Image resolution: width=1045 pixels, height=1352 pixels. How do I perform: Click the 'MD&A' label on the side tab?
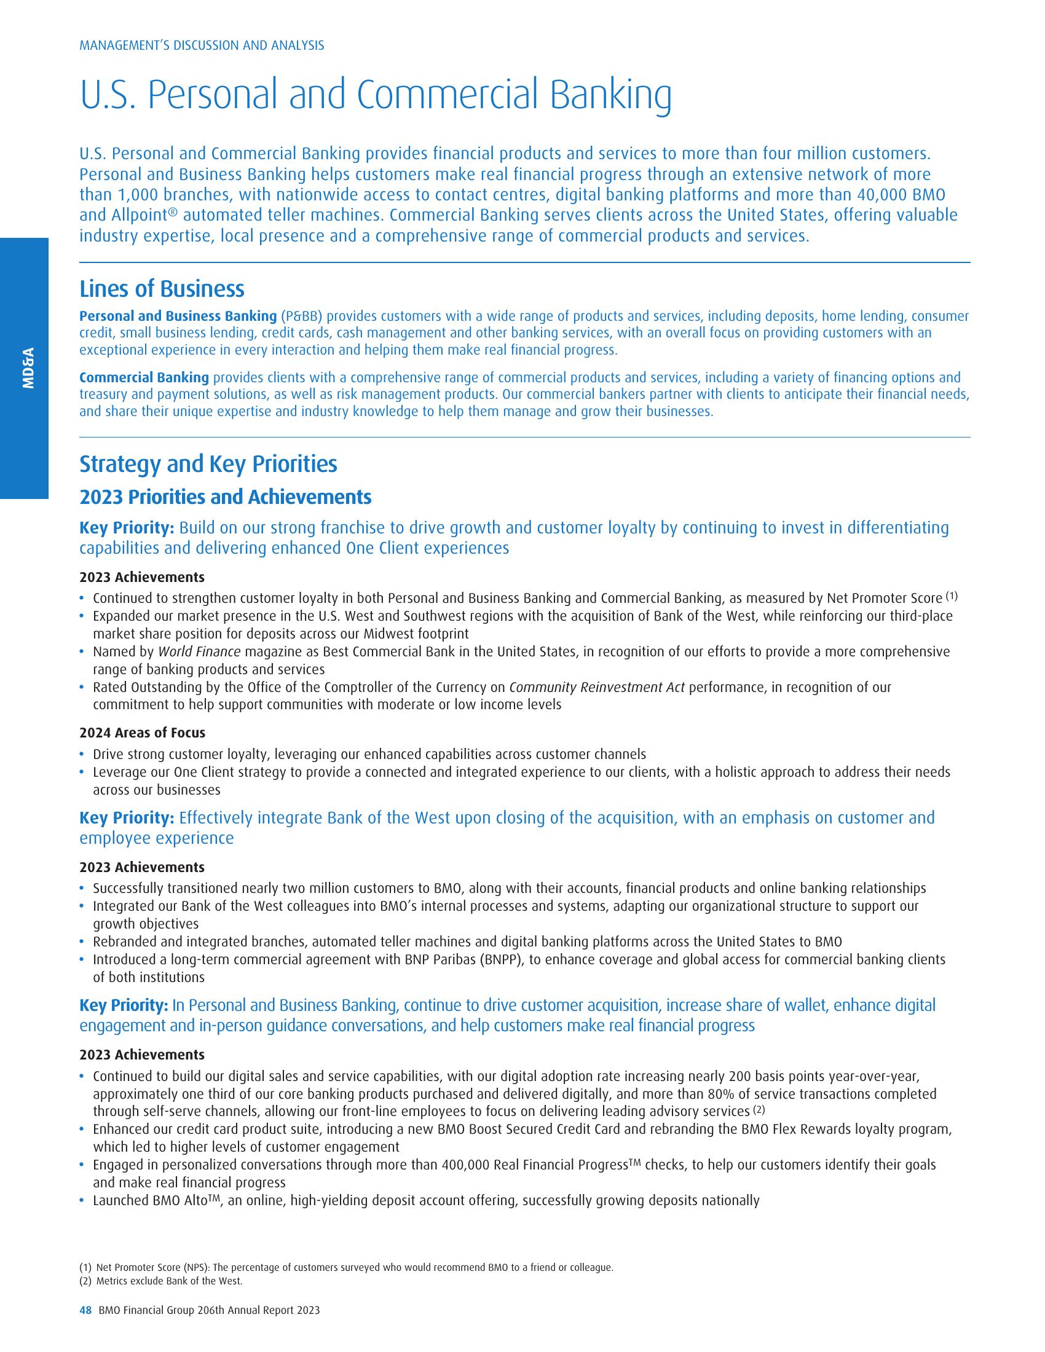(x=28, y=367)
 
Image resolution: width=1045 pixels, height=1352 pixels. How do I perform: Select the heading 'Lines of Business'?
(x=162, y=289)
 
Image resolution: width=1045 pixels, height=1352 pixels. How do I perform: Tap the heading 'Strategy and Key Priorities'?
(x=208, y=463)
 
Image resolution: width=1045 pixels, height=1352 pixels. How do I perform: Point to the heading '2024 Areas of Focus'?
(x=142, y=733)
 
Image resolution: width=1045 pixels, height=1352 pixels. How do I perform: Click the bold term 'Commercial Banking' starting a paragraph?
(x=144, y=377)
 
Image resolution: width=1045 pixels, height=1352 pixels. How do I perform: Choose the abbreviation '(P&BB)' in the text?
(x=301, y=316)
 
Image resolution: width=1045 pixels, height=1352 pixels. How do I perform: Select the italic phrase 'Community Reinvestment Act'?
(x=596, y=687)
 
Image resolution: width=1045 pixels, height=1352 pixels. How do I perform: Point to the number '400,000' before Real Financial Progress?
(x=465, y=1165)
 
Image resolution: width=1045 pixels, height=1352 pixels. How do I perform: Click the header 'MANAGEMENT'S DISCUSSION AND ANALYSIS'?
(x=202, y=45)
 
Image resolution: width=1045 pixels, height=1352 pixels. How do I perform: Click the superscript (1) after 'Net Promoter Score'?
(x=952, y=596)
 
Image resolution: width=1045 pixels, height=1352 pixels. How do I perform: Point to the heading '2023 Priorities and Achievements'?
(x=226, y=497)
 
